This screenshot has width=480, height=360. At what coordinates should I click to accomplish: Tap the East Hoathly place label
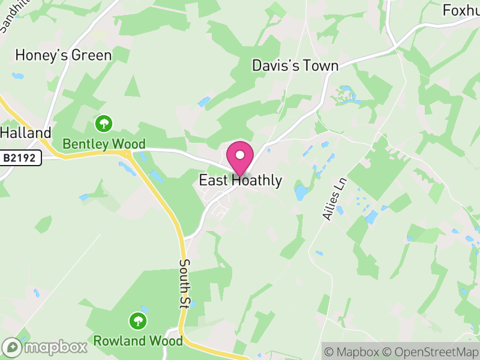pyautogui.click(x=240, y=181)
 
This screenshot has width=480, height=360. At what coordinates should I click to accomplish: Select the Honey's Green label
pyautogui.click(x=63, y=56)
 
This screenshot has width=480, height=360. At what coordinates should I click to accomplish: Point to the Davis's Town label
pyautogui.click(x=295, y=65)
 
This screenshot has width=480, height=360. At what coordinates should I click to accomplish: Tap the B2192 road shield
pyautogui.click(x=20, y=158)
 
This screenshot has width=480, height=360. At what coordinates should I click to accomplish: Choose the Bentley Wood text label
pyautogui.click(x=104, y=144)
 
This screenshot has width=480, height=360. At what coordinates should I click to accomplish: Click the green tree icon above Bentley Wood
pyautogui.click(x=104, y=124)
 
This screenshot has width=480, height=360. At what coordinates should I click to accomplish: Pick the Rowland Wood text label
pyautogui.click(x=138, y=341)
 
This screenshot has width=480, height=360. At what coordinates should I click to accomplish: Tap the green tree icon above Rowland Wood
pyautogui.click(x=139, y=320)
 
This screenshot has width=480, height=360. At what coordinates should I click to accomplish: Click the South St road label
pyautogui.click(x=184, y=284)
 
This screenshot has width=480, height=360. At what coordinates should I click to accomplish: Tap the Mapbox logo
pyautogui.click(x=45, y=347)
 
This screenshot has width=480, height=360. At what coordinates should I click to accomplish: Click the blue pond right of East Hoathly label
pyautogui.click(x=301, y=193)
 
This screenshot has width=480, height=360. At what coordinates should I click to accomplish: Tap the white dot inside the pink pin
pyautogui.click(x=240, y=155)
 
